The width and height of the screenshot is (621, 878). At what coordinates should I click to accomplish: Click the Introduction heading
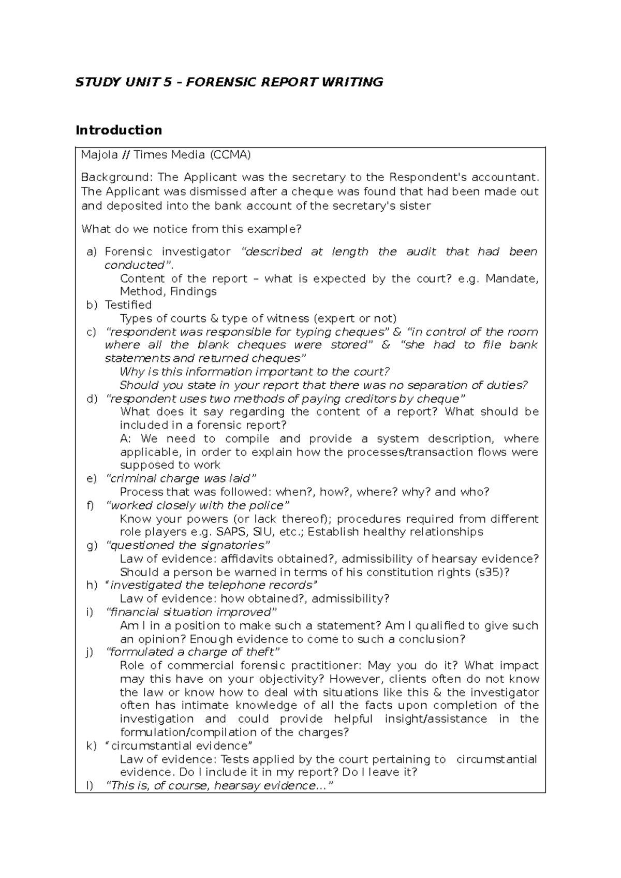click(x=119, y=130)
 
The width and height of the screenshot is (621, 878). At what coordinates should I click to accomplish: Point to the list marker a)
click(x=91, y=252)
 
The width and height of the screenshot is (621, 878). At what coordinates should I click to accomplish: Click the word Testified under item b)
click(x=128, y=305)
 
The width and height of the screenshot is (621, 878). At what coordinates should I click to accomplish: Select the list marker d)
click(x=91, y=399)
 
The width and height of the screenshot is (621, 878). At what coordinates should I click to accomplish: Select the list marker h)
click(x=91, y=586)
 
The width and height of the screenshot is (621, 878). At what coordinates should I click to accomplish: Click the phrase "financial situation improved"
click(x=191, y=612)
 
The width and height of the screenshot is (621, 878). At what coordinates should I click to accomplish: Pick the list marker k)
click(x=91, y=746)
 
